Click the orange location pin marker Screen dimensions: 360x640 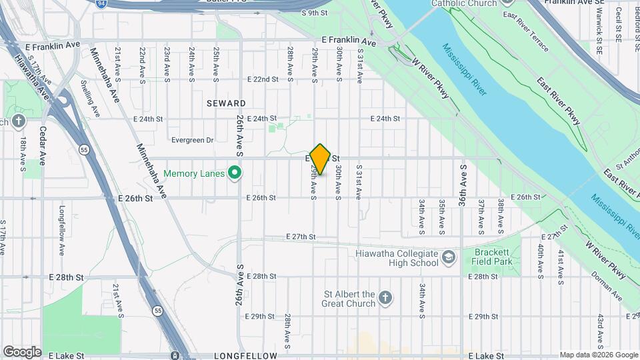coord(321,159)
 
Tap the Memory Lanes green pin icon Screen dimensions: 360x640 coord(234,173)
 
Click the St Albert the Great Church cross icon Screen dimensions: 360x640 coord(385,298)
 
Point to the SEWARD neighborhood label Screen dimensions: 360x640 coord(226,103)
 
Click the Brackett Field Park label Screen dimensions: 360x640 coord(493,257)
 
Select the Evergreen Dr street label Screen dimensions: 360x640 coord(191,140)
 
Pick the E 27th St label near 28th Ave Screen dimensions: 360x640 coord(300,237)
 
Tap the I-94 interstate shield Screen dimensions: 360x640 coord(100,3)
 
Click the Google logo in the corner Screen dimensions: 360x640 coord(21,352)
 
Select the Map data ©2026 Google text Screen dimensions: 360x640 coord(598,355)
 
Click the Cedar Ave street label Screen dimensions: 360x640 coord(42,145)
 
